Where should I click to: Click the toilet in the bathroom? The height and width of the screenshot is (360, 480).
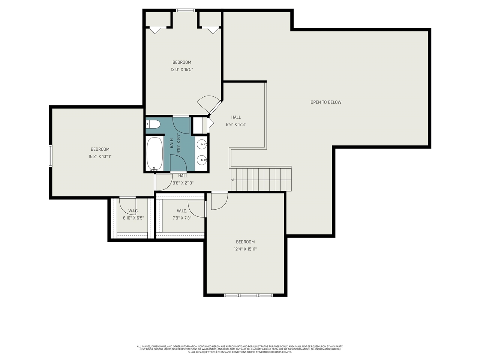coord(153,124)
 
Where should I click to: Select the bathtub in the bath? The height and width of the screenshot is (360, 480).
coord(154,154)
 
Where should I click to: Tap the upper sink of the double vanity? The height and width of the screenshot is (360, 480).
coord(202,144)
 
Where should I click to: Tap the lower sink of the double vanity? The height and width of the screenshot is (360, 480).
coord(202,160)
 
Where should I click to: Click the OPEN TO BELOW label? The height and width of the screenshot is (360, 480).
coord(326,102)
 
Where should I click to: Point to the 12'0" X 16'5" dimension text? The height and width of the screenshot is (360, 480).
coord(182,69)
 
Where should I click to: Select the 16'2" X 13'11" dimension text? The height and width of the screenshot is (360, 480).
coord(100,157)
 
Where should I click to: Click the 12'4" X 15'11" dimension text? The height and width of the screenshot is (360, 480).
coord(245,249)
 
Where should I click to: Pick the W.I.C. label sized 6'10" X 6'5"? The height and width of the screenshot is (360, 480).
coord(133,211)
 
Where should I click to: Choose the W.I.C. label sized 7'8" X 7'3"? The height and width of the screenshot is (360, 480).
coord(182,211)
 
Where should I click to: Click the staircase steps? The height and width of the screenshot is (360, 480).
coord(261,180)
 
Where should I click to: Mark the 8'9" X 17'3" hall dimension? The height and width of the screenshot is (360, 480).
coord(236,124)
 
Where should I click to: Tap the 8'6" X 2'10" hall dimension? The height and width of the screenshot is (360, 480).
coord(183,183)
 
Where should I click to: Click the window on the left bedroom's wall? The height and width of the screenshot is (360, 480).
coord(51,155)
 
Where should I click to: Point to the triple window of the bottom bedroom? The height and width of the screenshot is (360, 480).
coord(248,295)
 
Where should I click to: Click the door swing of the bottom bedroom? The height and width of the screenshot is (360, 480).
coord(219,201)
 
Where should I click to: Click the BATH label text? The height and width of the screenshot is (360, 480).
coord(171,143)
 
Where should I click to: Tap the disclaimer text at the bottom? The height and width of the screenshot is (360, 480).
coord(240,349)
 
